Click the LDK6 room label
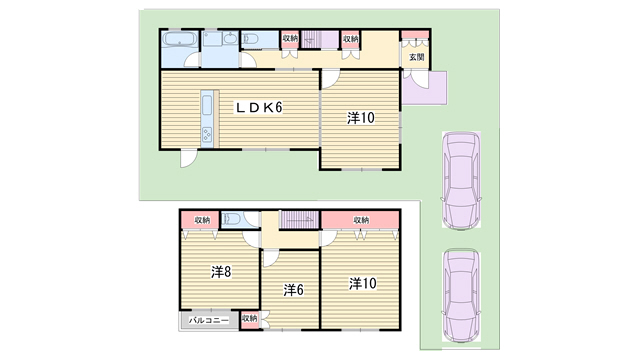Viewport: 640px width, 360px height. pos(259,108)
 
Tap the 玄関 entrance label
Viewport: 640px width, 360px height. pos(416,57)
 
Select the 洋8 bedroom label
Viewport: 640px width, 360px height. pos(221,271)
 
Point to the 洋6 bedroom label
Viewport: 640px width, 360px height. pos(293,290)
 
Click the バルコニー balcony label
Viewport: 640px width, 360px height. pos(209,321)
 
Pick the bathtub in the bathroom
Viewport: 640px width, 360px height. pos(180,40)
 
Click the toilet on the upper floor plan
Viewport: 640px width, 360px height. pos(250,39)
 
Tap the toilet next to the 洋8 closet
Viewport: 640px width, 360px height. pos(232,218)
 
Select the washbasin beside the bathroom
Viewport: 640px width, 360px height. pos(231,38)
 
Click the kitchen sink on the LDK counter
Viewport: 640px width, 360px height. pos(207,106)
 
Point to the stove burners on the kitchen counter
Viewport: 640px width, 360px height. pos(207,134)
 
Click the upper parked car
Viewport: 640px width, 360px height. pos(461,180)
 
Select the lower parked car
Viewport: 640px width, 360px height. pos(461,295)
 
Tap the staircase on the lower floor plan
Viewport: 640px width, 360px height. pos(299,220)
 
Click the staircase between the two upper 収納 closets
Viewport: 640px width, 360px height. pos(320,39)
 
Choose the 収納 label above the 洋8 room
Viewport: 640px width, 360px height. pos(202,220)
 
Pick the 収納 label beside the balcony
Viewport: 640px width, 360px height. pos(249,318)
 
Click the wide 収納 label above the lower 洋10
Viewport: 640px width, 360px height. pos(361,220)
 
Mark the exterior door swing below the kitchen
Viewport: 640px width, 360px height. pos(189,158)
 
